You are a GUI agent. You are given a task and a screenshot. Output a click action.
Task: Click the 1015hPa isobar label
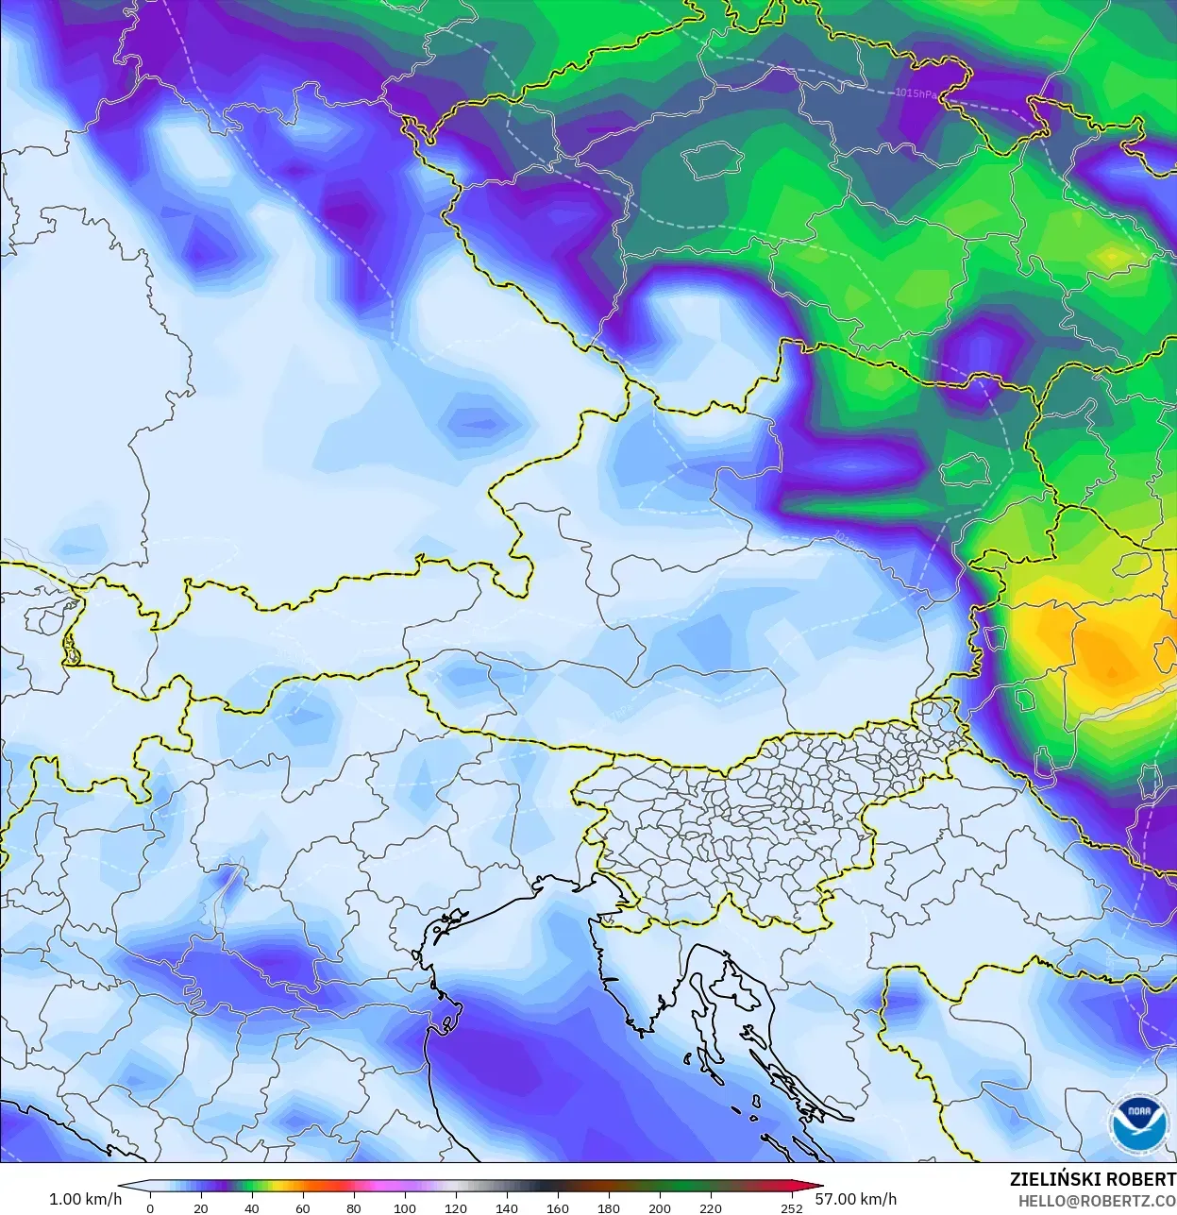point(916,93)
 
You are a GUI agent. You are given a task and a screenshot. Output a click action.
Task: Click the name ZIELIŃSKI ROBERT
point(1092,1179)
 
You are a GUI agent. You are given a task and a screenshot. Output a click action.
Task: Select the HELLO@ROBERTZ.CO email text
point(1097,1201)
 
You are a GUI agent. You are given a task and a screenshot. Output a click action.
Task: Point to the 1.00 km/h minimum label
point(85,1199)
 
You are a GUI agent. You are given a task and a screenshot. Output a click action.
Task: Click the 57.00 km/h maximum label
point(855,1199)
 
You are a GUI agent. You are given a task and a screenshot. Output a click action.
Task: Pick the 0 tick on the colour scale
point(150,1208)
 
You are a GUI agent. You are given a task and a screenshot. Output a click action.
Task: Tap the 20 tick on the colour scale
point(201,1208)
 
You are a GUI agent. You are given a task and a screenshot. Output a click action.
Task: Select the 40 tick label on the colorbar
point(251,1208)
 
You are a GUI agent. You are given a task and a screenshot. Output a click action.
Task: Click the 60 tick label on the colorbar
point(302,1208)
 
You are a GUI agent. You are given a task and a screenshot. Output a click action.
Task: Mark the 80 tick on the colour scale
point(353,1208)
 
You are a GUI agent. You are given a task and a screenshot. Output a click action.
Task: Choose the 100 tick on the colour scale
point(405,1208)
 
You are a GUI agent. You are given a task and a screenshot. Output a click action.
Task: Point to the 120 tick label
point(456,1208)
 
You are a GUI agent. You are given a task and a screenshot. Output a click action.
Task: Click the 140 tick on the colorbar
point(507,1208)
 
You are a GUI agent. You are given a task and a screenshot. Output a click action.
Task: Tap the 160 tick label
point(558,1208)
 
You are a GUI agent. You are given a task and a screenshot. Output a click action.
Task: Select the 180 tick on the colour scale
point(609,1208)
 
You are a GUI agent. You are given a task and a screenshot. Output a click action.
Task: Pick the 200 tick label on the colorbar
point(660,1208)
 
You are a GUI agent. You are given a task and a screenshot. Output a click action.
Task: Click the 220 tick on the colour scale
point(711,1208)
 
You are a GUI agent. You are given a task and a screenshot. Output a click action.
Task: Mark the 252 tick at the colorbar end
point(792,1208)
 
